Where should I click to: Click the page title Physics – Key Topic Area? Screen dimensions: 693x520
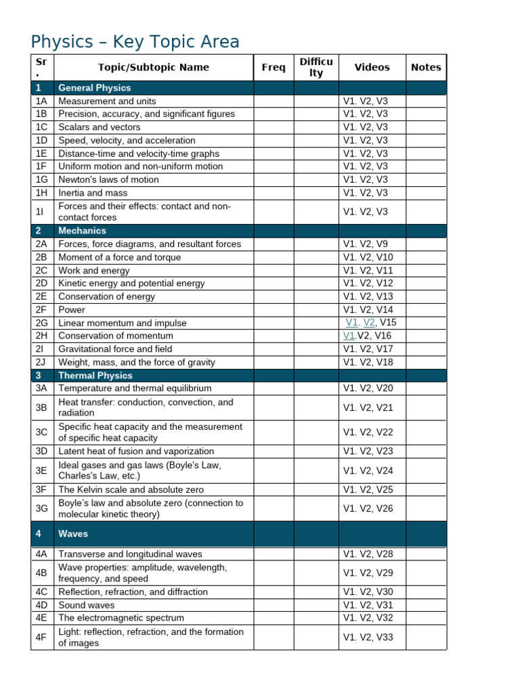pyautogui.click(x=135, y=42)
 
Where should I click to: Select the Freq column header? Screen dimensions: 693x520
pyautogui.click(x=274, y=67)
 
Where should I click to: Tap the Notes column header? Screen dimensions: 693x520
pyautogui.click(x=426, y=67)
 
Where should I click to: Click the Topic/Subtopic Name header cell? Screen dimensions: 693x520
pyautogui.click(x=154, y=67)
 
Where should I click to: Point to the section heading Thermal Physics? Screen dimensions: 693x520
pyautogui.click(x=95, y=376)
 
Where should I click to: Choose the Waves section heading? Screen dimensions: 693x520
pyautogui.click(x=73, y=534)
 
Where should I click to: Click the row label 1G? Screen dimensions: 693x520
pyautogui.click(x=42, y=179)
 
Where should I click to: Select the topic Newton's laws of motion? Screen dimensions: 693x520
pyautogui.click(x=108, y=179)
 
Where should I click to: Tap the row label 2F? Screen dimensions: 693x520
pyautogui.click(x=42, y=309)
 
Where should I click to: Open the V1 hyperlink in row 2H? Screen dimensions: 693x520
pyautogui.click(x=349, y=336)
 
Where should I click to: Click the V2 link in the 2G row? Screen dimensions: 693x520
pyautogui.click(x=369, y=323)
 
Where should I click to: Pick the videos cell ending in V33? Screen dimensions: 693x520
pyautogui.click(x=368, y=637)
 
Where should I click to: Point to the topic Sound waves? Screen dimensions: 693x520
pyautogui.click(x=86, y=605)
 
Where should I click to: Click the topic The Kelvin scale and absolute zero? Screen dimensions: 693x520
pyautogui.click(x=131, y=489)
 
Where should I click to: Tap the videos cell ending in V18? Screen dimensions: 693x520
pyautogui.click(x=368, y=362)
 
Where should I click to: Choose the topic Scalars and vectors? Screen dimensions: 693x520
pyautogui.click(x=100, y=127)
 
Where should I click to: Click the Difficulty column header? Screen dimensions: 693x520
pyautogui.click(x=316, y=67)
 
